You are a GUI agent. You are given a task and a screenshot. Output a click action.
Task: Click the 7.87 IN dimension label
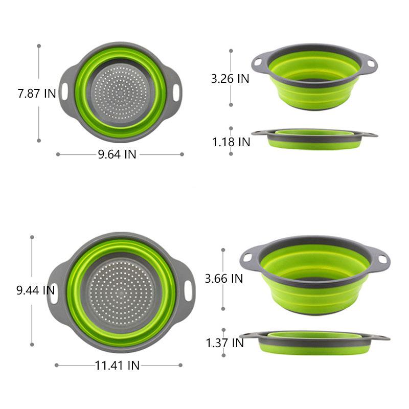pos(37,94)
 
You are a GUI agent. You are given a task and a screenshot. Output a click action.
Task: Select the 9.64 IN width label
pos(117,154)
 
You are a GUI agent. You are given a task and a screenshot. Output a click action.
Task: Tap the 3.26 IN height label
pos(230,79)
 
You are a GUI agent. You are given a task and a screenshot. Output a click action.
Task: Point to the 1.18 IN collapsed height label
pos(231,142)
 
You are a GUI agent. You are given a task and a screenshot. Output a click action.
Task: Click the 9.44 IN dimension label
pos(35,290)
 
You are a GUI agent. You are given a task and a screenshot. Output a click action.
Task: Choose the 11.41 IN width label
pos(117,366)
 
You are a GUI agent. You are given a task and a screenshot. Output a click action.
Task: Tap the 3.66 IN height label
pos(224,279)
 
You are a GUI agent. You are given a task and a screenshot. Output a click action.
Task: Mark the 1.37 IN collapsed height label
pos(225,343)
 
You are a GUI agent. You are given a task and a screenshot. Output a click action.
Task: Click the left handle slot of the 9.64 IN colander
pos(64,92)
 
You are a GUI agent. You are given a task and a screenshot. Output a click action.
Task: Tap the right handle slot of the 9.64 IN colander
pos(176,93)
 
